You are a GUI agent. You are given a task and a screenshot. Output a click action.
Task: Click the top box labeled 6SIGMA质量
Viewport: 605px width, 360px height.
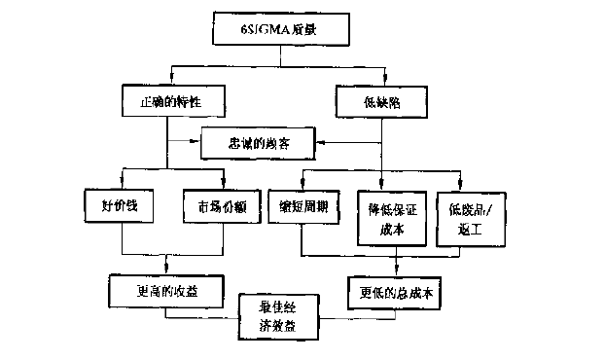(x=279, y=31)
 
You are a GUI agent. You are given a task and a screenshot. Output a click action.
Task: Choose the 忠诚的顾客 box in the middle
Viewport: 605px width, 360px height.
(x=260, y=143)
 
